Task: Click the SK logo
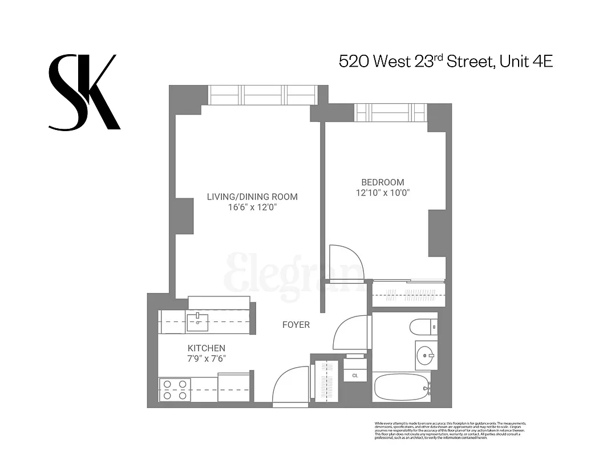[x=84, y=92]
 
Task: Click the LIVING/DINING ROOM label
[x=252, y=197]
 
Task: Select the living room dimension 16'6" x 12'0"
[x=252, y=207]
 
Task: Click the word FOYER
[x=296, y=325]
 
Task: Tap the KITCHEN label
[x=207, y=348]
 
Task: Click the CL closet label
[x=355, y=376]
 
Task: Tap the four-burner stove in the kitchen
[x=175, y=389]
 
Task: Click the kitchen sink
[x=197, y=322]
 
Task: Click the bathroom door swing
[x=351, y=331]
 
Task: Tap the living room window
[x=262, y=95]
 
